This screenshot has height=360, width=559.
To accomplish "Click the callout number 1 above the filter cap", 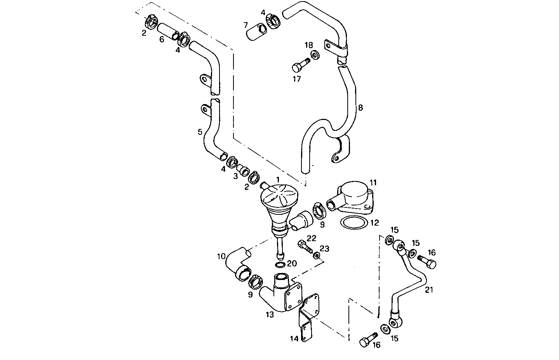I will (x=278, y=179).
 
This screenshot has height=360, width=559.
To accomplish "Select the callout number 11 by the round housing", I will (x=373, y=182).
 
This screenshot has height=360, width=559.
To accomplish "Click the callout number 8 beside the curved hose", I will (x=360, y=108).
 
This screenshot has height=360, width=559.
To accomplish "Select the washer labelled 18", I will (x=315, y=55).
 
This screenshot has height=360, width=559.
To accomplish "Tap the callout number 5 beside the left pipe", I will (x=200, y=132).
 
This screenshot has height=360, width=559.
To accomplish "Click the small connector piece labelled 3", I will (x=244, y=171).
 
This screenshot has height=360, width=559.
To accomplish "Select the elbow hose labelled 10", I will (x=237, y=264).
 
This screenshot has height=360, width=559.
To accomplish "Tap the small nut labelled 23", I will (x=317, y=255).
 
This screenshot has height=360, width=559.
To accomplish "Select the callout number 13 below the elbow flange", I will (x=270, y=315).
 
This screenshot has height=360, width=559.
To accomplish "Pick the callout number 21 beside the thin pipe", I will (x=428, y=289).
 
